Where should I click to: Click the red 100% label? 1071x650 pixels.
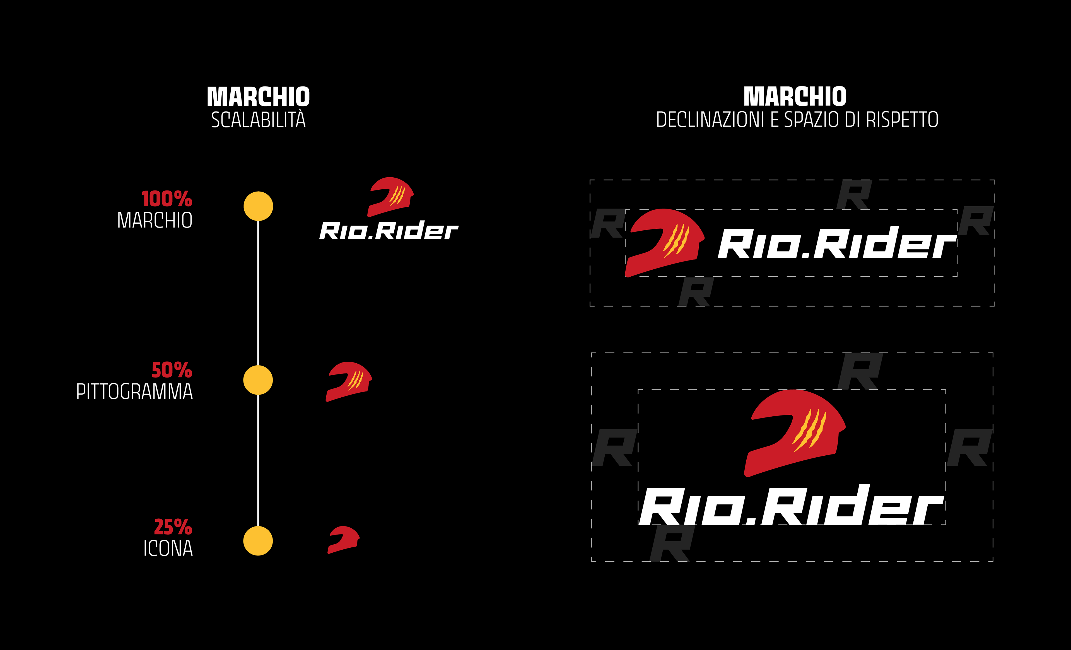(167, 199)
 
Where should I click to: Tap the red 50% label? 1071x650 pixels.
(172, 370)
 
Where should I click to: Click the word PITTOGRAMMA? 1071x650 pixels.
(134, 392)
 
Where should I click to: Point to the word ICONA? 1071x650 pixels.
(168, 548)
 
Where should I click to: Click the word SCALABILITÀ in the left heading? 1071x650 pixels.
(258, 120)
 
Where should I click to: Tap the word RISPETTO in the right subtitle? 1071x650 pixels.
(902, 120)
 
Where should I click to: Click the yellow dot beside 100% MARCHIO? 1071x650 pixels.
(258, 206)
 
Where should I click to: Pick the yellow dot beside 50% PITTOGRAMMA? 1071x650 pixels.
(258, 380)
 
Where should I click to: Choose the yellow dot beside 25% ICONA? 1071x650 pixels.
(258, 541)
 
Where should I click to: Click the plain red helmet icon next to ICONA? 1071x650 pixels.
(343, 540)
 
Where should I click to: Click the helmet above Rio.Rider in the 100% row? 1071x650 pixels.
(390, 196)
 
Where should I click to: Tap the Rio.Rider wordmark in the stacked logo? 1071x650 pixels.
(791, 506)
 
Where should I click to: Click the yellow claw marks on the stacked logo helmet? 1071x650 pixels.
(809, 430)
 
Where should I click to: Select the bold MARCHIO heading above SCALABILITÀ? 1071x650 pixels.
(258, 96)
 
